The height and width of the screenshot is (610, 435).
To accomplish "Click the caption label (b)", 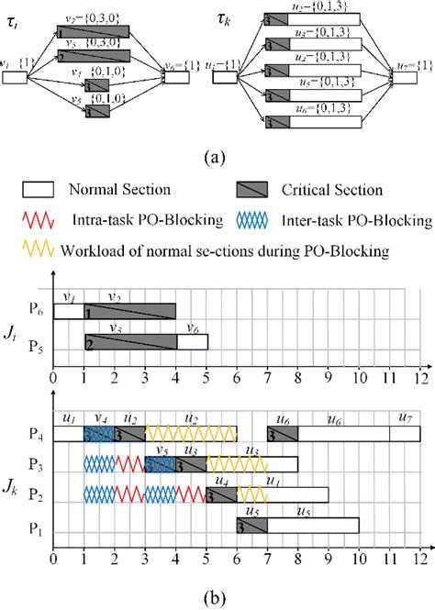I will tap(217, 597).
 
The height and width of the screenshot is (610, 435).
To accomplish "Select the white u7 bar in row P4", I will tap(405, 434).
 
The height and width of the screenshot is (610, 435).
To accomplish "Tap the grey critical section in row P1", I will tap(251, 526).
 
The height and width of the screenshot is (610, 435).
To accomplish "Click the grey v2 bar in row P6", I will tap(129, 312).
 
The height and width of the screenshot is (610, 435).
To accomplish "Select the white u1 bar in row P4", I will tap(68, 434).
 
